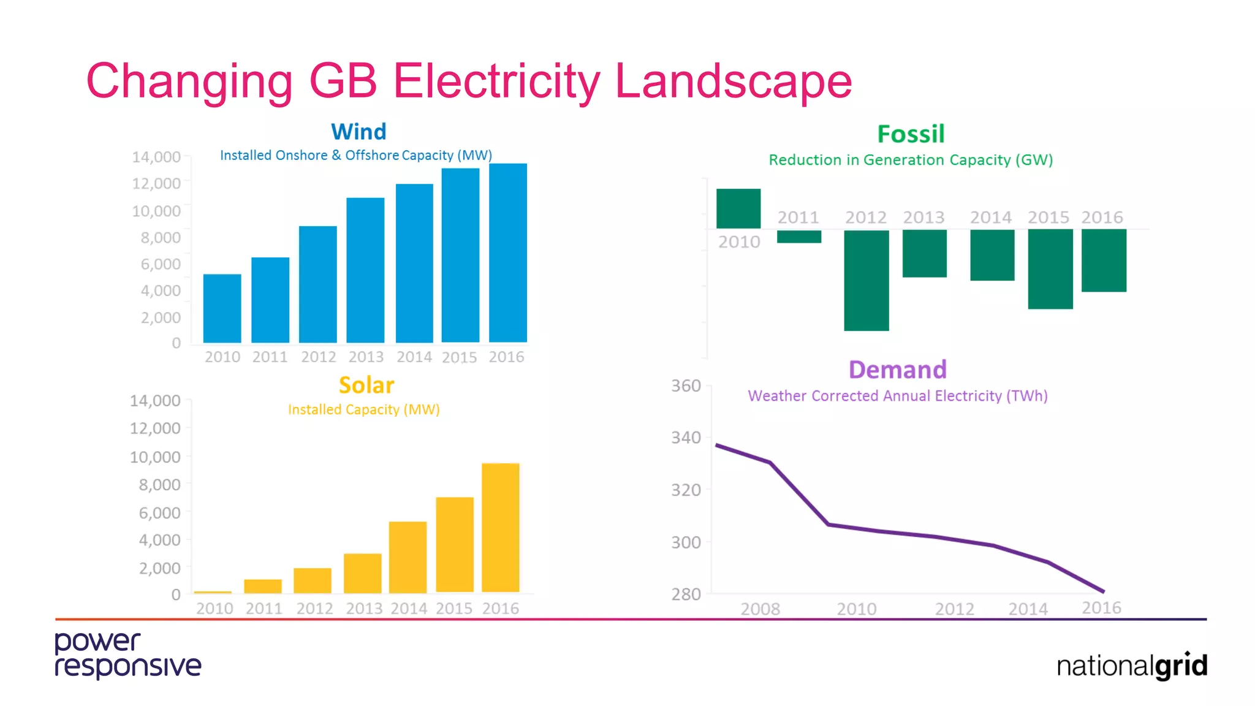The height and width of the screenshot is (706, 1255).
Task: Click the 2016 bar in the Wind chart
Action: click(x=507, y=252)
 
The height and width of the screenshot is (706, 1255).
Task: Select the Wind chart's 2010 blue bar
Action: click(x=222, y=308)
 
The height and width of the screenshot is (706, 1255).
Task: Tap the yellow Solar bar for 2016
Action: click(x=500, y=528)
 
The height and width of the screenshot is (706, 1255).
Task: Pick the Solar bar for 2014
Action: click(x=408, y=557)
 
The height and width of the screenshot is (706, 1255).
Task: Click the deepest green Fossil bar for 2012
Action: click(x=866, y=280)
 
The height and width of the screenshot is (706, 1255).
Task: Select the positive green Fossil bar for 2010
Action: click(x=738, y=208)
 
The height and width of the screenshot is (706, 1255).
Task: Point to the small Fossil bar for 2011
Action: click(x=798, y=237)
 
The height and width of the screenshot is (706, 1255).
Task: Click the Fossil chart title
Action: click(x=911, y=134)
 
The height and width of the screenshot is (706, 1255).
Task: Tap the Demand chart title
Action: click(x=897, y=370)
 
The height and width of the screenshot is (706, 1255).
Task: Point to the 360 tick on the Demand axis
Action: click(x=686, y=386)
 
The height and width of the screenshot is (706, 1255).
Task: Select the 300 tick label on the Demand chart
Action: click(x=686, y=542)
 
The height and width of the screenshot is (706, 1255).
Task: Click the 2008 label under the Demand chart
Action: click(x=760, y=609)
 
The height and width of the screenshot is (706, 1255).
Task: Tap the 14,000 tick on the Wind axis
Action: click(x=156, y=157)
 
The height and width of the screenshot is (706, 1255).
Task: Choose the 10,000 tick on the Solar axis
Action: click(x=155, y=457)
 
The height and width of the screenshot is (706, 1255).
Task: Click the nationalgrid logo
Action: click(x=1131, y=666)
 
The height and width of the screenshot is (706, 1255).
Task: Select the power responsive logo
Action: click(x=127, y=655)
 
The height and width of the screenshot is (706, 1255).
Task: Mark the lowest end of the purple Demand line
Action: click(x=1103, y=591)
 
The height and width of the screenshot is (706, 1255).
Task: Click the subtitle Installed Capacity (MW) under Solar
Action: click(x=364, y=409)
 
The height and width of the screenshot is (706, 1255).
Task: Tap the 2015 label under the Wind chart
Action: click(x=459, y=357)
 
